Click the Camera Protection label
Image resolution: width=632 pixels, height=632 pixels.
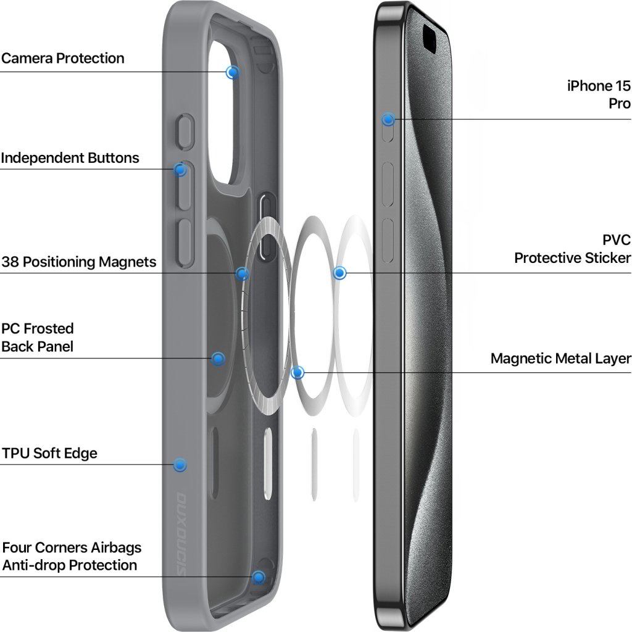[x=63, y=59]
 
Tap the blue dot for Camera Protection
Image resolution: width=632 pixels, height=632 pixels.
[x=232, y=72]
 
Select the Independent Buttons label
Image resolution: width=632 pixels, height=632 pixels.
[x=70, y=158]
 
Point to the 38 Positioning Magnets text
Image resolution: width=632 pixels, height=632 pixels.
[x=79, y=262]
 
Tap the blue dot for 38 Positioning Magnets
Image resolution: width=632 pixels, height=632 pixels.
[x=243, y=273]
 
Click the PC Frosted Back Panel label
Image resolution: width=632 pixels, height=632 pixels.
[x=38, y=338]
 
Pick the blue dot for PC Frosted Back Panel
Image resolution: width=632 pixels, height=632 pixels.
[x=218, y=359]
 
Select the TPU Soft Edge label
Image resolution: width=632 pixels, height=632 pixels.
[x=49, y=454]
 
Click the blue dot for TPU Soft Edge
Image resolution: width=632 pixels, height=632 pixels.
[x=180, y=465]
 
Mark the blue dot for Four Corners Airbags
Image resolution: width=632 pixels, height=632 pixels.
[x=259, y=578]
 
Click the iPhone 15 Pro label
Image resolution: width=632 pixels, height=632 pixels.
[x=599, y=94]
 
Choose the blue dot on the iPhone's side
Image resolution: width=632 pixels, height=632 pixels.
[x=388, y=119]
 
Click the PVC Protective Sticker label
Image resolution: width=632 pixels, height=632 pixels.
[x=573, y=249]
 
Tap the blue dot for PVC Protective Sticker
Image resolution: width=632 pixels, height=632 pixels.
[x=339, y=273]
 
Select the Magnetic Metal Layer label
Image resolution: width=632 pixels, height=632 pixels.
[x=561, y=359]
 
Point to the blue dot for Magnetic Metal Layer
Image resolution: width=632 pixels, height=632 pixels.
[x=297, y=373]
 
